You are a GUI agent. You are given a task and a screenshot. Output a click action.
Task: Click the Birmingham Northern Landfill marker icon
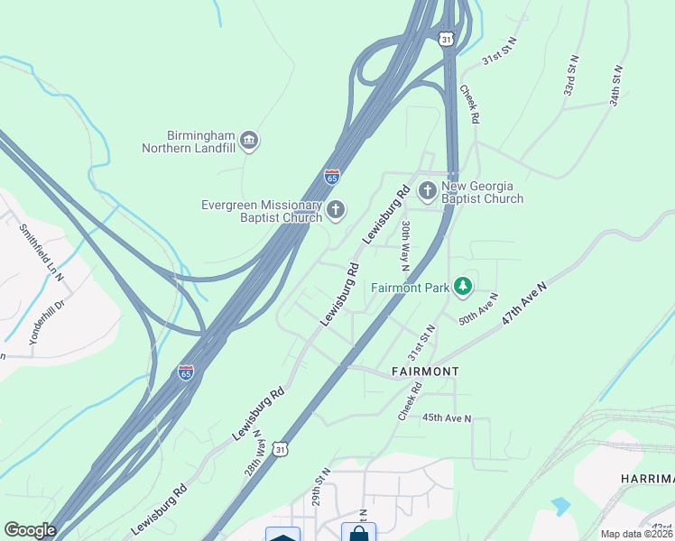(x=250, y=141)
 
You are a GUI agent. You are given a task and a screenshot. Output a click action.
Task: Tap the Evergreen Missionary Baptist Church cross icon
(x=336, y=211)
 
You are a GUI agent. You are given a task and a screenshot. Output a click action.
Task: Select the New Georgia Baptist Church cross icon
(x=427, y=191)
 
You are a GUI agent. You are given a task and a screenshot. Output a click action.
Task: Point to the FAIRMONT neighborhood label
(x=425, y=371)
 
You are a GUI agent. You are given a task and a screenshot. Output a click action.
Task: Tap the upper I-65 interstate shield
(x=333, y=177)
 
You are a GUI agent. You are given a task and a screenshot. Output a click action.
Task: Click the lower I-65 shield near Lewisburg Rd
(x=186, y=372)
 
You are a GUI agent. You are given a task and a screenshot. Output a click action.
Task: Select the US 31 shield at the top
(x=446, y=39)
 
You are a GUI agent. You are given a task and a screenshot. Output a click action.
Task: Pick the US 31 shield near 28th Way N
(x=282, y=448)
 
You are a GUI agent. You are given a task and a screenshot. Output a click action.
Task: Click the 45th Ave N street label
(x=447, y=418)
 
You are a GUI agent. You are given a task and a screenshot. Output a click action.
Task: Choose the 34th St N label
(x=616, y=86)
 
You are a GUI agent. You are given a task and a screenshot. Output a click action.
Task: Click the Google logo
(x=30, y=530)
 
